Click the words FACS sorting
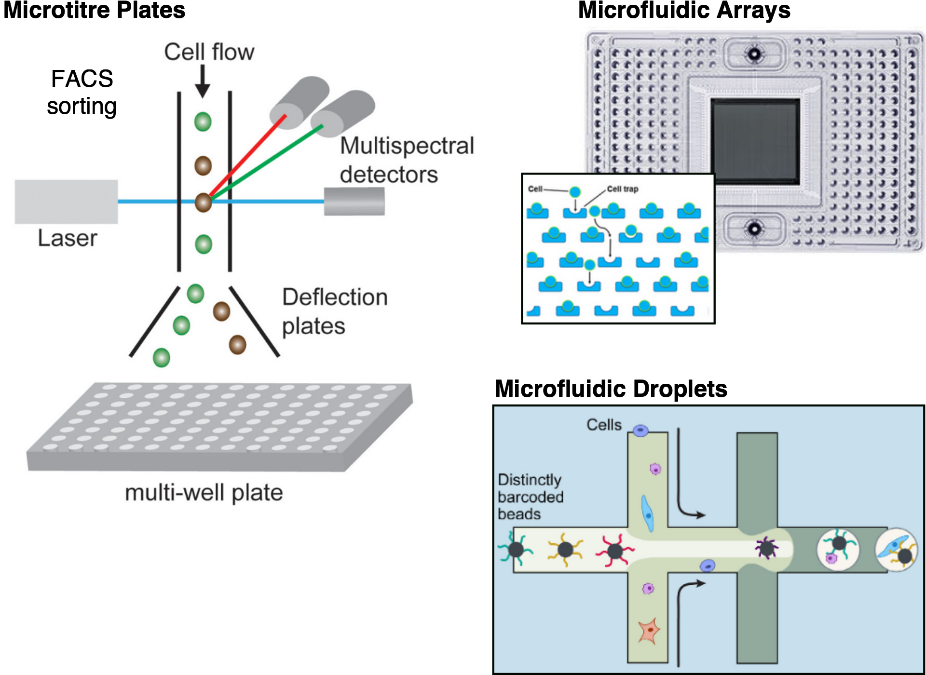pyautogui.click(x=82, y=92)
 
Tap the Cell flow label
pyautogui.click(x=209, y=52)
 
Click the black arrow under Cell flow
pyautogui.click(x=203, y=82)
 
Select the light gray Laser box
pyautogui.click(x=66, y=202)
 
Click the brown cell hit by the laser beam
pyautogui.click(x=203, y=202)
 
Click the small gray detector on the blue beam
pyautogui.click(x=354, y=202)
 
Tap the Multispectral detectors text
pyautogui.click(x=407, y=160)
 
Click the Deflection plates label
pyautogui.click(x=334, y=311)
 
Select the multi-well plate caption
pyautogui.click(x=204, y=493)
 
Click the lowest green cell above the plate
pyautogui.click(x=162, y=358)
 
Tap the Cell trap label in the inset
pyautogui.click(x=622, y=189)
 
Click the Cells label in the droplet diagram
pyautogui.click(x=604, y=425)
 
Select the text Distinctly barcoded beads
pyautogui.click(x=530, y=497)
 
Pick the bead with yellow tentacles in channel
pyautogui.click(x=565, y=549)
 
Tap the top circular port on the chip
pyautogui.click(x=754, y=54)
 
